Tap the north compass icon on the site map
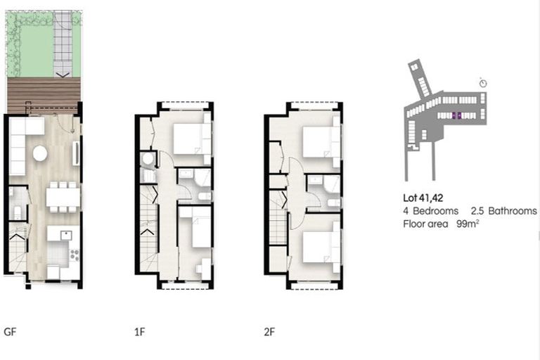point(483,83)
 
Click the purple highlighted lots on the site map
point(455,115)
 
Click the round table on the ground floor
point(40,153)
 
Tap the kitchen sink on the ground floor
point(66,235)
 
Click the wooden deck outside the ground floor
point(44,96)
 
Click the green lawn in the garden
point(32,53)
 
